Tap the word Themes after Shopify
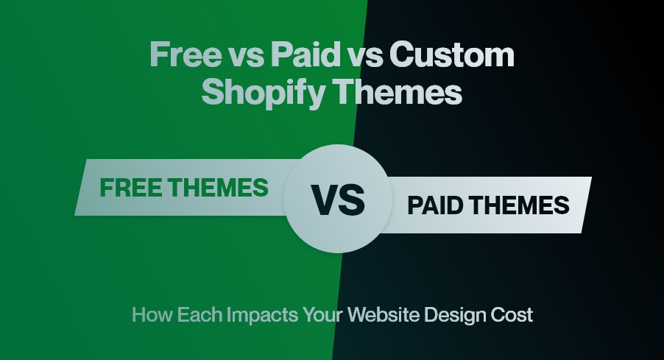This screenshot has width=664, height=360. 400,94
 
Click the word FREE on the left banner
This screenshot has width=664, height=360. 132,188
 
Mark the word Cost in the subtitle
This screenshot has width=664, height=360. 513,316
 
